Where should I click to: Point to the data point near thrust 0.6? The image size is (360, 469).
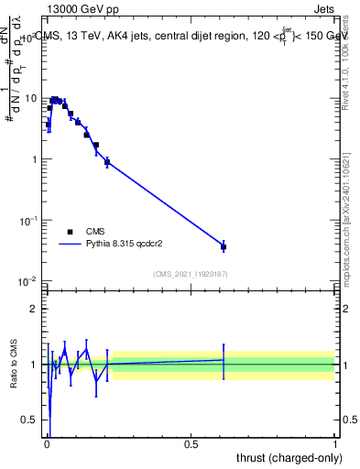click(224, 246)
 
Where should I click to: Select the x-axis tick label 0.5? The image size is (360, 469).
click(191, 444)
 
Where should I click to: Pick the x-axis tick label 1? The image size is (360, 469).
click(335, 444)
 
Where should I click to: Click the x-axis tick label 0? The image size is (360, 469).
click(47, 444)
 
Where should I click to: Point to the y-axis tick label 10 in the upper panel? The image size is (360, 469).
click(30, 98)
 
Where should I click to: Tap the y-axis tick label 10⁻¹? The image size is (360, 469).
click(27, 221)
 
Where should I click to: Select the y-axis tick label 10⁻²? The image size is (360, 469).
click(27, 281)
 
